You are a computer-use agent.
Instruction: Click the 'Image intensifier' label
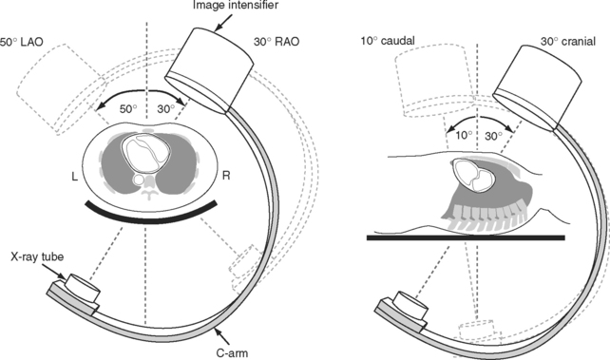pyautogui.click(x=236, y=5)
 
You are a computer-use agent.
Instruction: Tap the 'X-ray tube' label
pyautogui.click(x=37, y=256)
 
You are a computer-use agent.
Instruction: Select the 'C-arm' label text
pyautogui.click(x=232, y=353)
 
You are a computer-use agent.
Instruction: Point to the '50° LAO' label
pyautogui.click(x=22, y=42)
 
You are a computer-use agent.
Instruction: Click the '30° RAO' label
pyautogui.click(x=276, y=42)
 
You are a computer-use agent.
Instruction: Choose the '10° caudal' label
pyautogui.click(x=388, y=41)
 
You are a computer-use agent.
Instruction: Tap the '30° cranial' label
pyautogui.click(x=568, y=41)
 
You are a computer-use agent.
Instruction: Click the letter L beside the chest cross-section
pyautogui.click(x=75, y=177)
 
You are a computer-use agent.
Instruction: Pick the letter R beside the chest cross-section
pyautogui.click(x=226, y=176)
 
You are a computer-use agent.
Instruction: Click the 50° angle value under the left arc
pyautogui.click(x=128, y=109)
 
